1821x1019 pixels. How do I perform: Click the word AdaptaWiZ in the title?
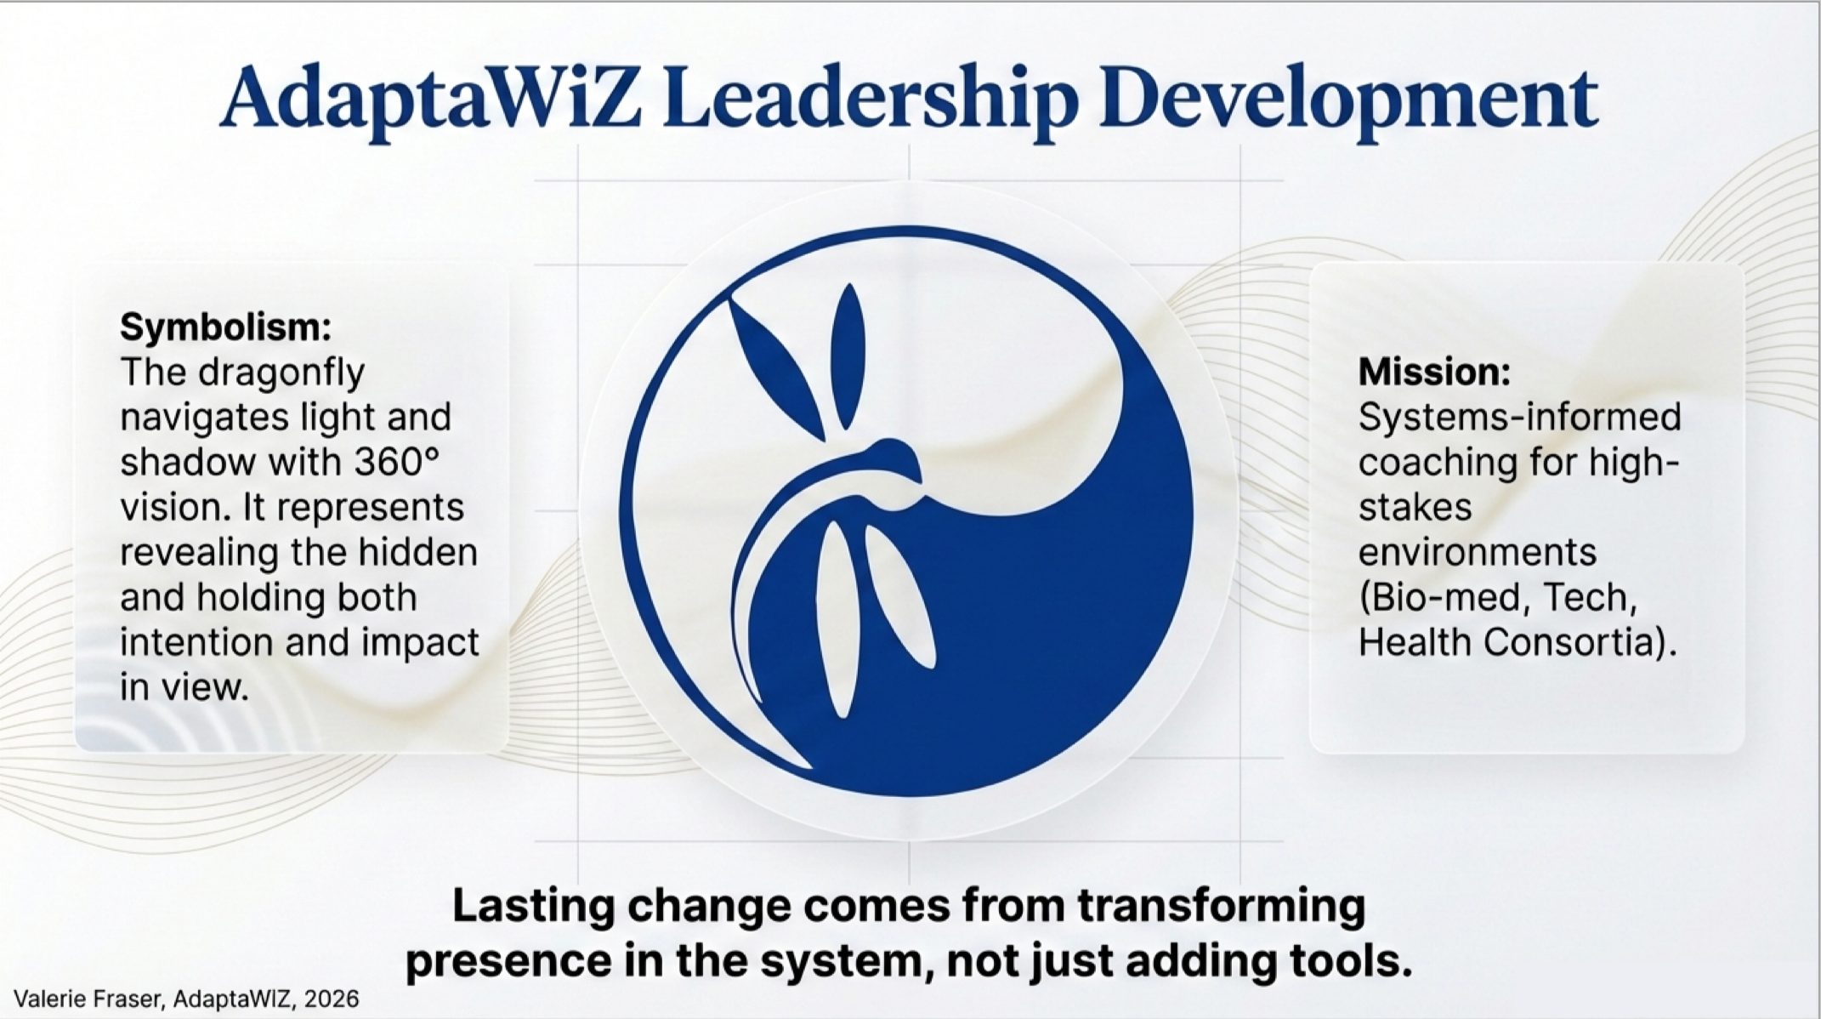430,100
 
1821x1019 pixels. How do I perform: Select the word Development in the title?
1353,100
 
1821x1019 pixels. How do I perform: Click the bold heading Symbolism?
225,327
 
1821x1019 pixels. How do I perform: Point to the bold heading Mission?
1434,372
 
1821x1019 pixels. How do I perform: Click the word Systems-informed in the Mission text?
1519,417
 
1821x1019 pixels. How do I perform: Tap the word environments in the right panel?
1477,552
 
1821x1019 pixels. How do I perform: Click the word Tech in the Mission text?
1588,597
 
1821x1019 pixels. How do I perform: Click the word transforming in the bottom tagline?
1221,906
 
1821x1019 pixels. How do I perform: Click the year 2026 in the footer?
332,999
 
